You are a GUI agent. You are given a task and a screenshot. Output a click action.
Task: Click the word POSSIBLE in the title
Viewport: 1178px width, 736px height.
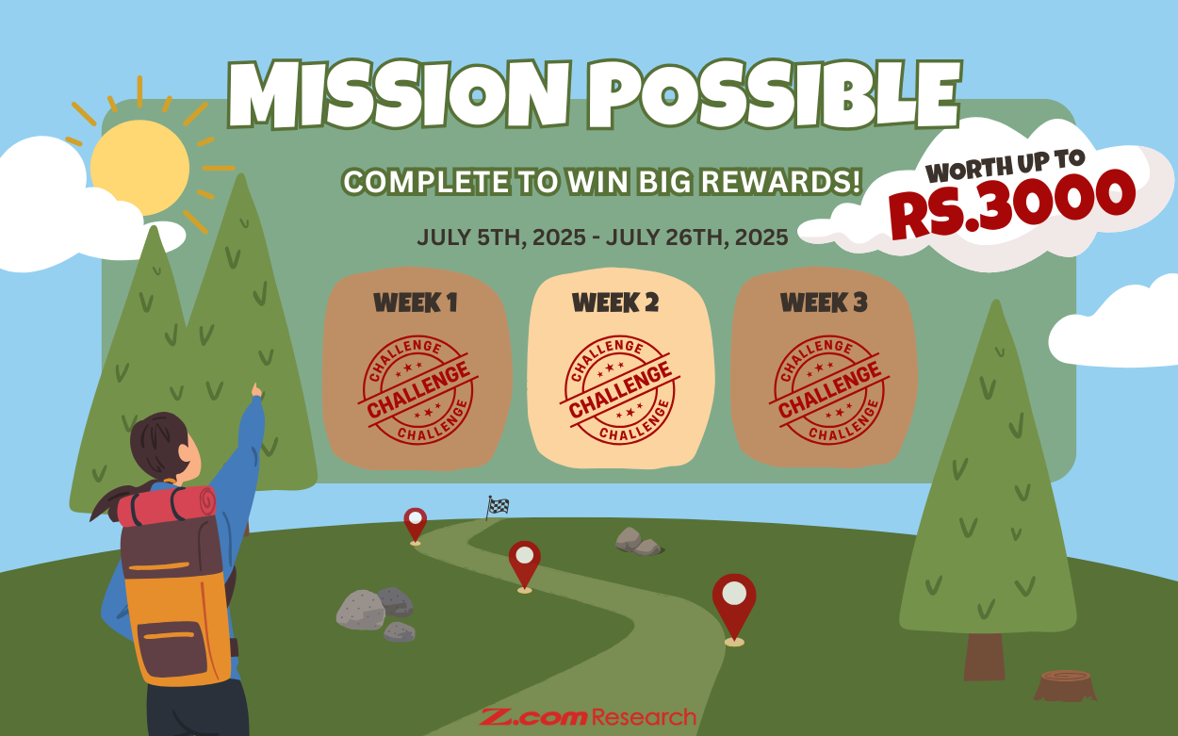pyautogui.click(x=774, y=93)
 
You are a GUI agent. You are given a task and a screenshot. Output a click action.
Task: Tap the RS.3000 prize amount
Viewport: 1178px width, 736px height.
pyautogui.click(x=1012, y=203)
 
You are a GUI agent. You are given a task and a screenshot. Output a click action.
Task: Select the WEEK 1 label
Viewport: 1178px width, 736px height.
pyautogui.click(x=416, y=303)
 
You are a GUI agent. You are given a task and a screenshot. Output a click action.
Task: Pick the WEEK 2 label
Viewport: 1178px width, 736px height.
pyautogui.click(x=615, y=303)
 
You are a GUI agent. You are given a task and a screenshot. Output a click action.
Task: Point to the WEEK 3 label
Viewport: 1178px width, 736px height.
pyautogui.click(x=824, y=303)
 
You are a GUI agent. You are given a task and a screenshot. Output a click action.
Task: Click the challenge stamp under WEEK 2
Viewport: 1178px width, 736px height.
pyautogui.click(x=620, y=389)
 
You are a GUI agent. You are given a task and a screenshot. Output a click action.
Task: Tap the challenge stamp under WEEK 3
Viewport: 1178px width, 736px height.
pyautogui.click(x=829, y=389)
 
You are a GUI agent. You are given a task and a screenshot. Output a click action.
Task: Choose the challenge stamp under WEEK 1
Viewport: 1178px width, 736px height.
pyautogui.click(x=418, y=389)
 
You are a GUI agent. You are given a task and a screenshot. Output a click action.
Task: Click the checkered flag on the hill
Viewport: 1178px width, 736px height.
pyautogui.click(x=497, y=507)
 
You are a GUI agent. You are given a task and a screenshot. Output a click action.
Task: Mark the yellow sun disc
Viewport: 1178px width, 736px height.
pyautogui.click(x=139, y=168)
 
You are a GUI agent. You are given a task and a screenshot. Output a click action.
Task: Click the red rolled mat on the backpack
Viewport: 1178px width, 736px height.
pyautogui.click(x=167, y=506)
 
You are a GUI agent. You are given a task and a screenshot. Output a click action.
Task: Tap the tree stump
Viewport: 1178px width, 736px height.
pyautogui.click(x=1066, y=685)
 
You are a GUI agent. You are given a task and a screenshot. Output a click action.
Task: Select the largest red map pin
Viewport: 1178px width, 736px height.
pyautogui.click(x=734, y=605)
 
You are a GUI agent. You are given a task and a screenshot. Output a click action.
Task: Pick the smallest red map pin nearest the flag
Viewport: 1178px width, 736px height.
pyautogui.click(x=415, y=524)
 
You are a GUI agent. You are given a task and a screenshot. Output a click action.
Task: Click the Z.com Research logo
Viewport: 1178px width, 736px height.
pyautogui.click(x=588, y=717)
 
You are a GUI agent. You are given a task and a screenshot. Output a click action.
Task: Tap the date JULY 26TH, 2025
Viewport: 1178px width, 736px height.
pyautogui.click(x=696, y=237)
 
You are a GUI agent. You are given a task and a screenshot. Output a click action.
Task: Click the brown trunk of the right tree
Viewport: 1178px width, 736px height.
pyautogui.click(x=984, y=656)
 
